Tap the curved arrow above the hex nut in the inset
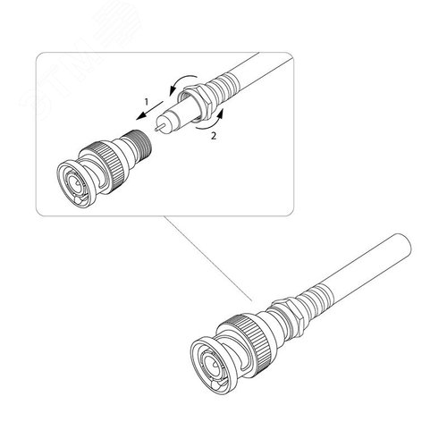182,82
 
